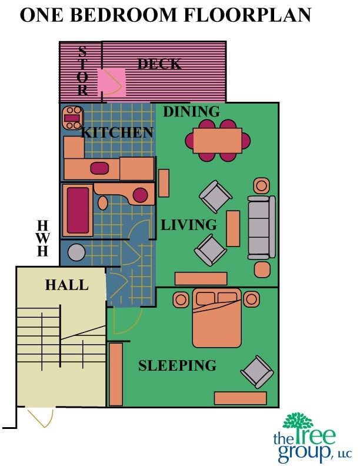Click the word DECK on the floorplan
click(159, 64)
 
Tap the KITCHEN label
click(117, 132)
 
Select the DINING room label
click(191, 111)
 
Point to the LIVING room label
click(189, 225)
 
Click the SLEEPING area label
click(177, 365)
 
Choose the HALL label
click(66, 285)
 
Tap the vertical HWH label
click(42, 238)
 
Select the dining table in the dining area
click(218, 141)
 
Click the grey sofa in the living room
click(262, 227)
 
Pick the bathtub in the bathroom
click(78, 210)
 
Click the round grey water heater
click(76, 254)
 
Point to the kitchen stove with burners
click(72, 118)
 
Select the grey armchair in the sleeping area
click(256, 372)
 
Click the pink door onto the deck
click(111, 83)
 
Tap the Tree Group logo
click(311, 438)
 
